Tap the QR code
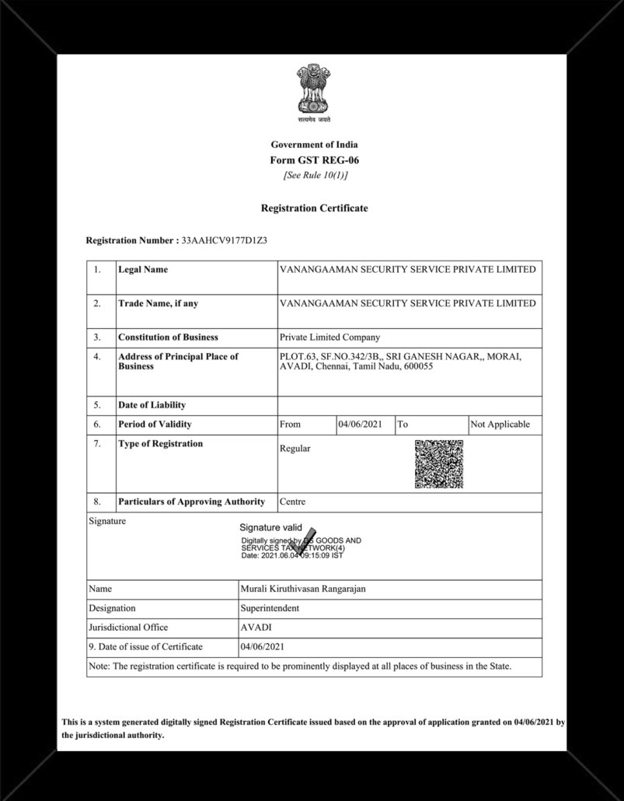(438, 464)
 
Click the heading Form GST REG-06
(314, 160)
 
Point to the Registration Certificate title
(314, 208)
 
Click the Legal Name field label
(143, 270)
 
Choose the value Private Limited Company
(329, 338)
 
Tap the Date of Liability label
(152, 405)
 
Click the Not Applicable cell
(500, 425)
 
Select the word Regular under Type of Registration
(295, 449)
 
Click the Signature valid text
(270, 527)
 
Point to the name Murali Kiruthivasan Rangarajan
(304, 589)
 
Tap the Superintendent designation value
(270, 608)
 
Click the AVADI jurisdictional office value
(256, 628)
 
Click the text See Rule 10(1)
(314, 176)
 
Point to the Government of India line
(314, 145)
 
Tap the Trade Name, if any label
(157, 303)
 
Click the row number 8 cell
(97, 502)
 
